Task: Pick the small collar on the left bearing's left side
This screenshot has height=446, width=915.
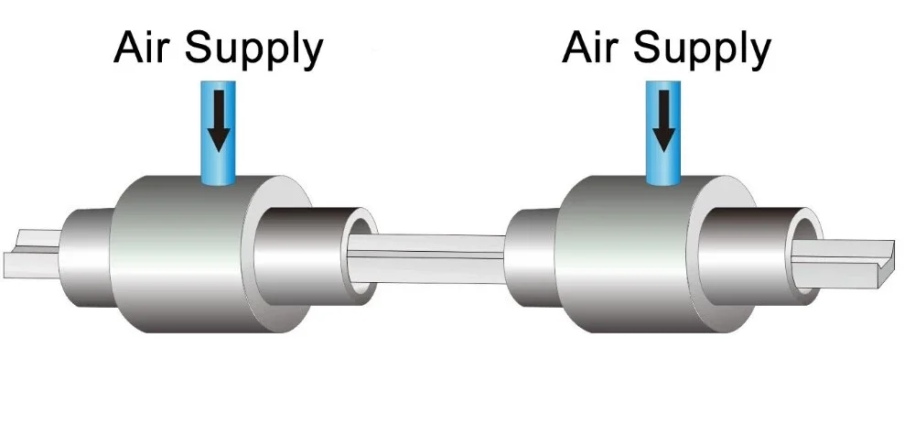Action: click(x=87, y=256)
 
